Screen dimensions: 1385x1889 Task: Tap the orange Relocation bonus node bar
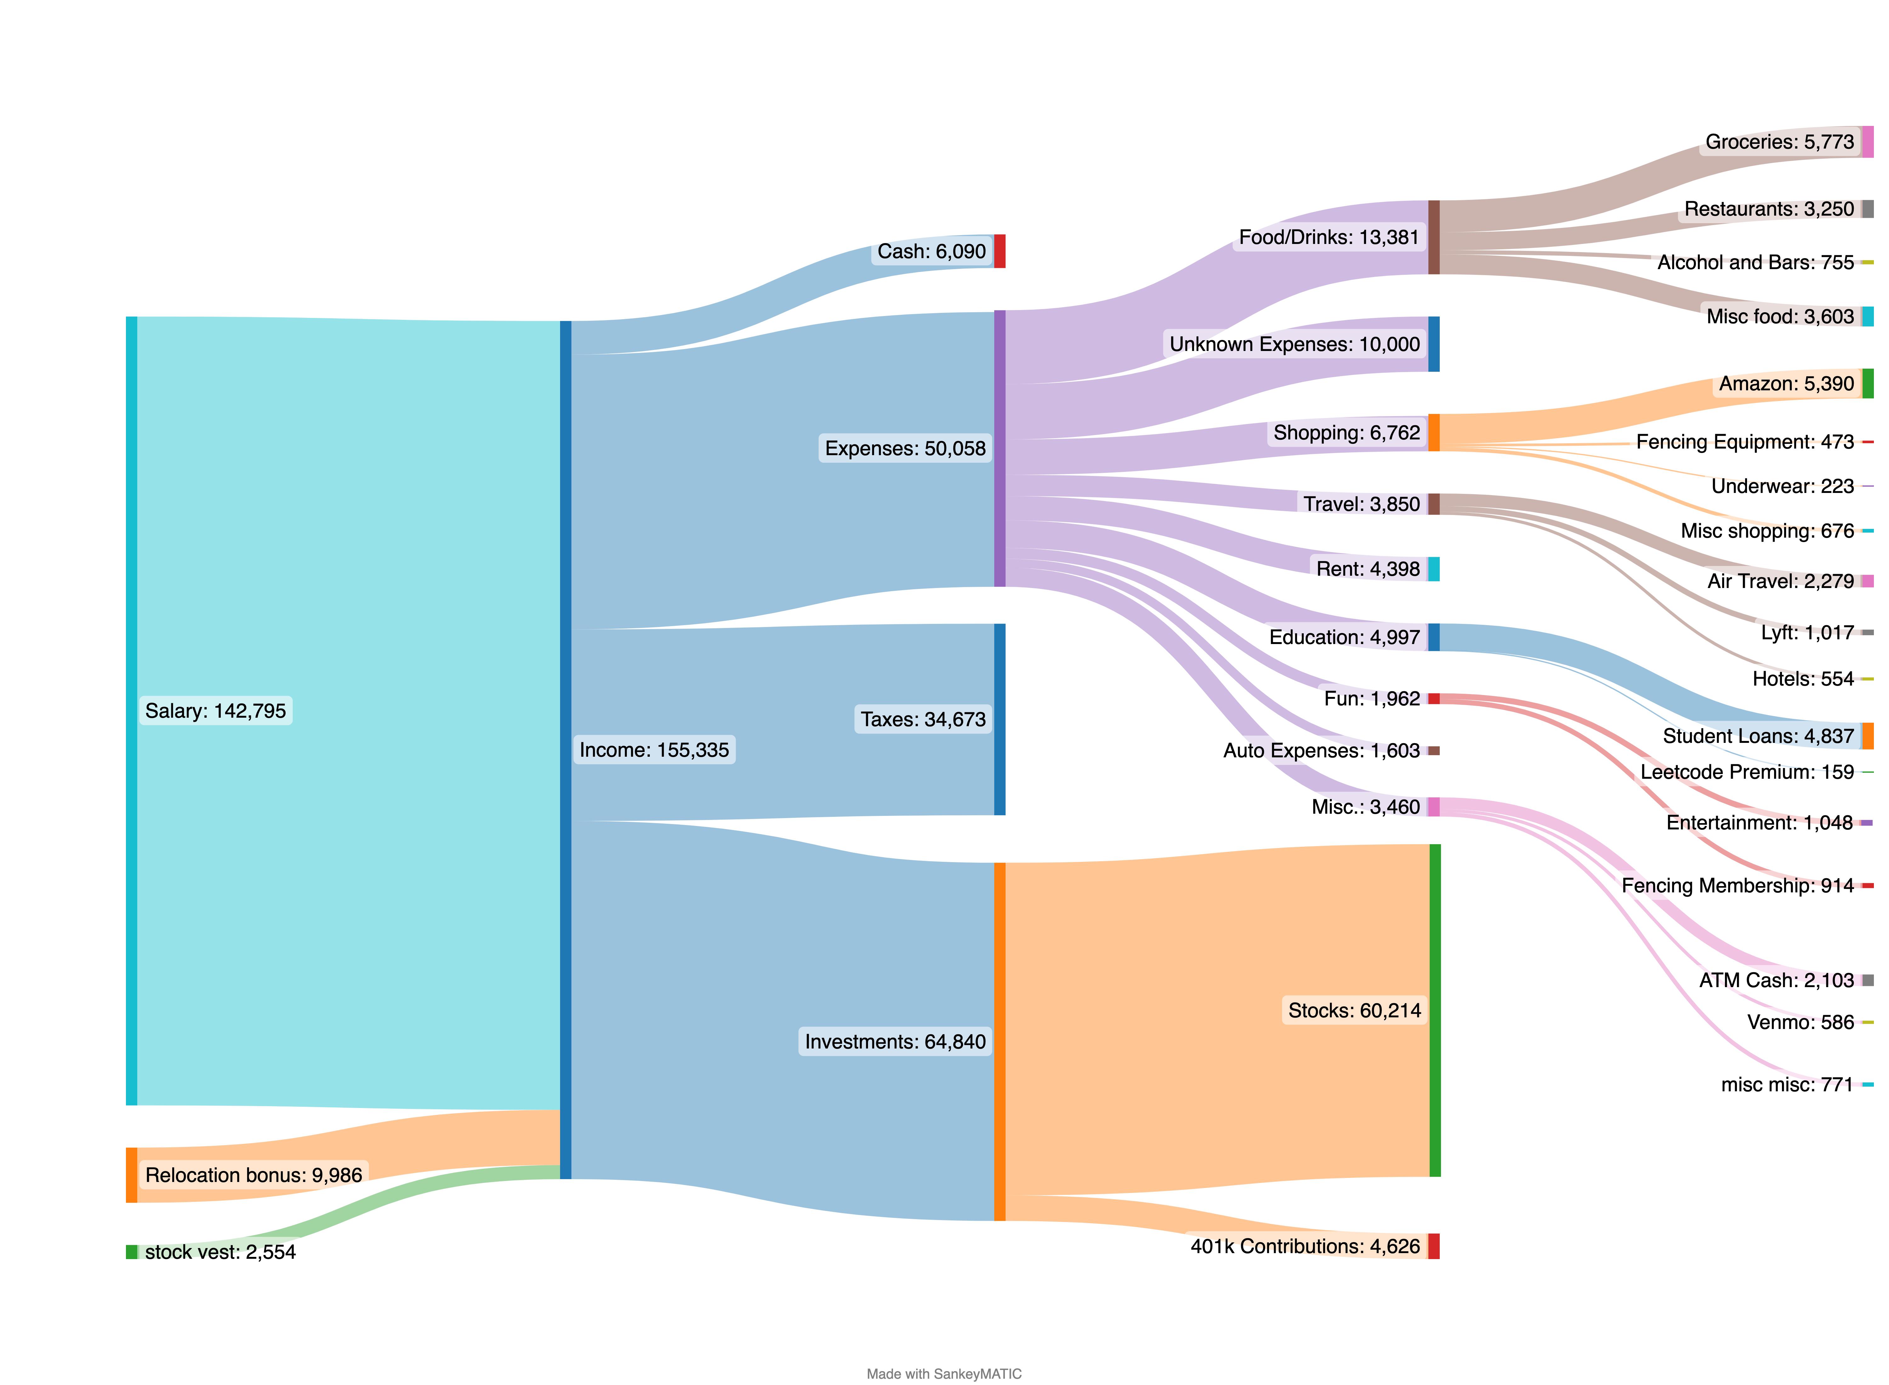132,1174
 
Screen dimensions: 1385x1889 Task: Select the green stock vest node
132,1252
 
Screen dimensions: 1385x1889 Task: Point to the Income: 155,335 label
654,749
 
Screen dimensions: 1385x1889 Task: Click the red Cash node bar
999,252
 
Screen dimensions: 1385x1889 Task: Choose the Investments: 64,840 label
895,1041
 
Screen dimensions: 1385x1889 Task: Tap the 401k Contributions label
1305,1247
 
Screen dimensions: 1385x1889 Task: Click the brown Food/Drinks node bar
1434,237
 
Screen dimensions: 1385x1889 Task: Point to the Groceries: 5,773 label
1779,142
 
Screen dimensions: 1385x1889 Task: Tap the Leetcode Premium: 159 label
1746,772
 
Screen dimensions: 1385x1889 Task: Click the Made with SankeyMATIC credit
944,1373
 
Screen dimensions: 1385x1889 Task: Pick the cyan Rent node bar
1434,569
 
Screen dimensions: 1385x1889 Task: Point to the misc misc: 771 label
1787,1085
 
